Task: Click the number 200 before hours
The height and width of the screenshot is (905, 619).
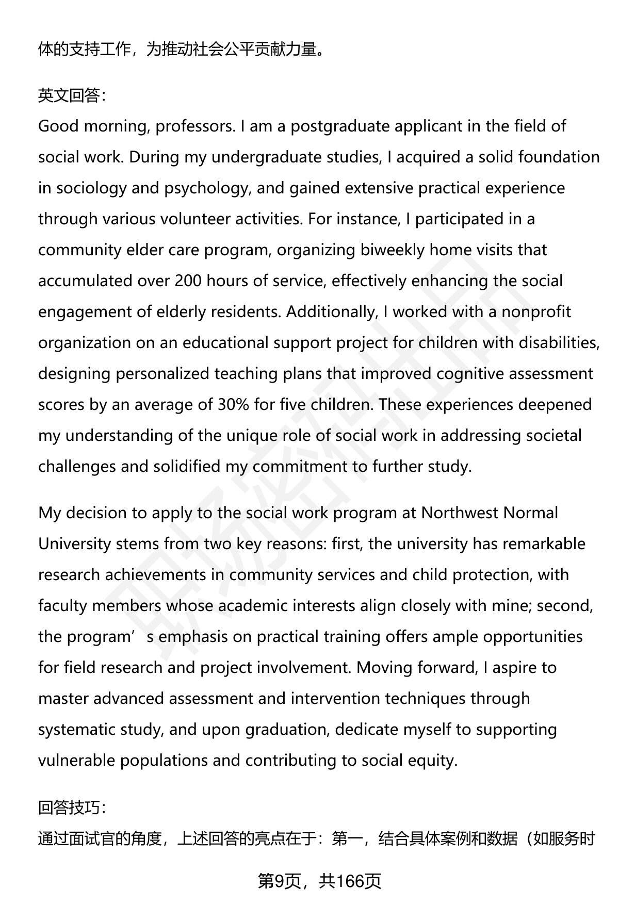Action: (188, 281)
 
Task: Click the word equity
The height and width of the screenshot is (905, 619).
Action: (430, 761)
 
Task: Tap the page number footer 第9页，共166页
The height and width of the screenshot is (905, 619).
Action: (319, 881)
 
